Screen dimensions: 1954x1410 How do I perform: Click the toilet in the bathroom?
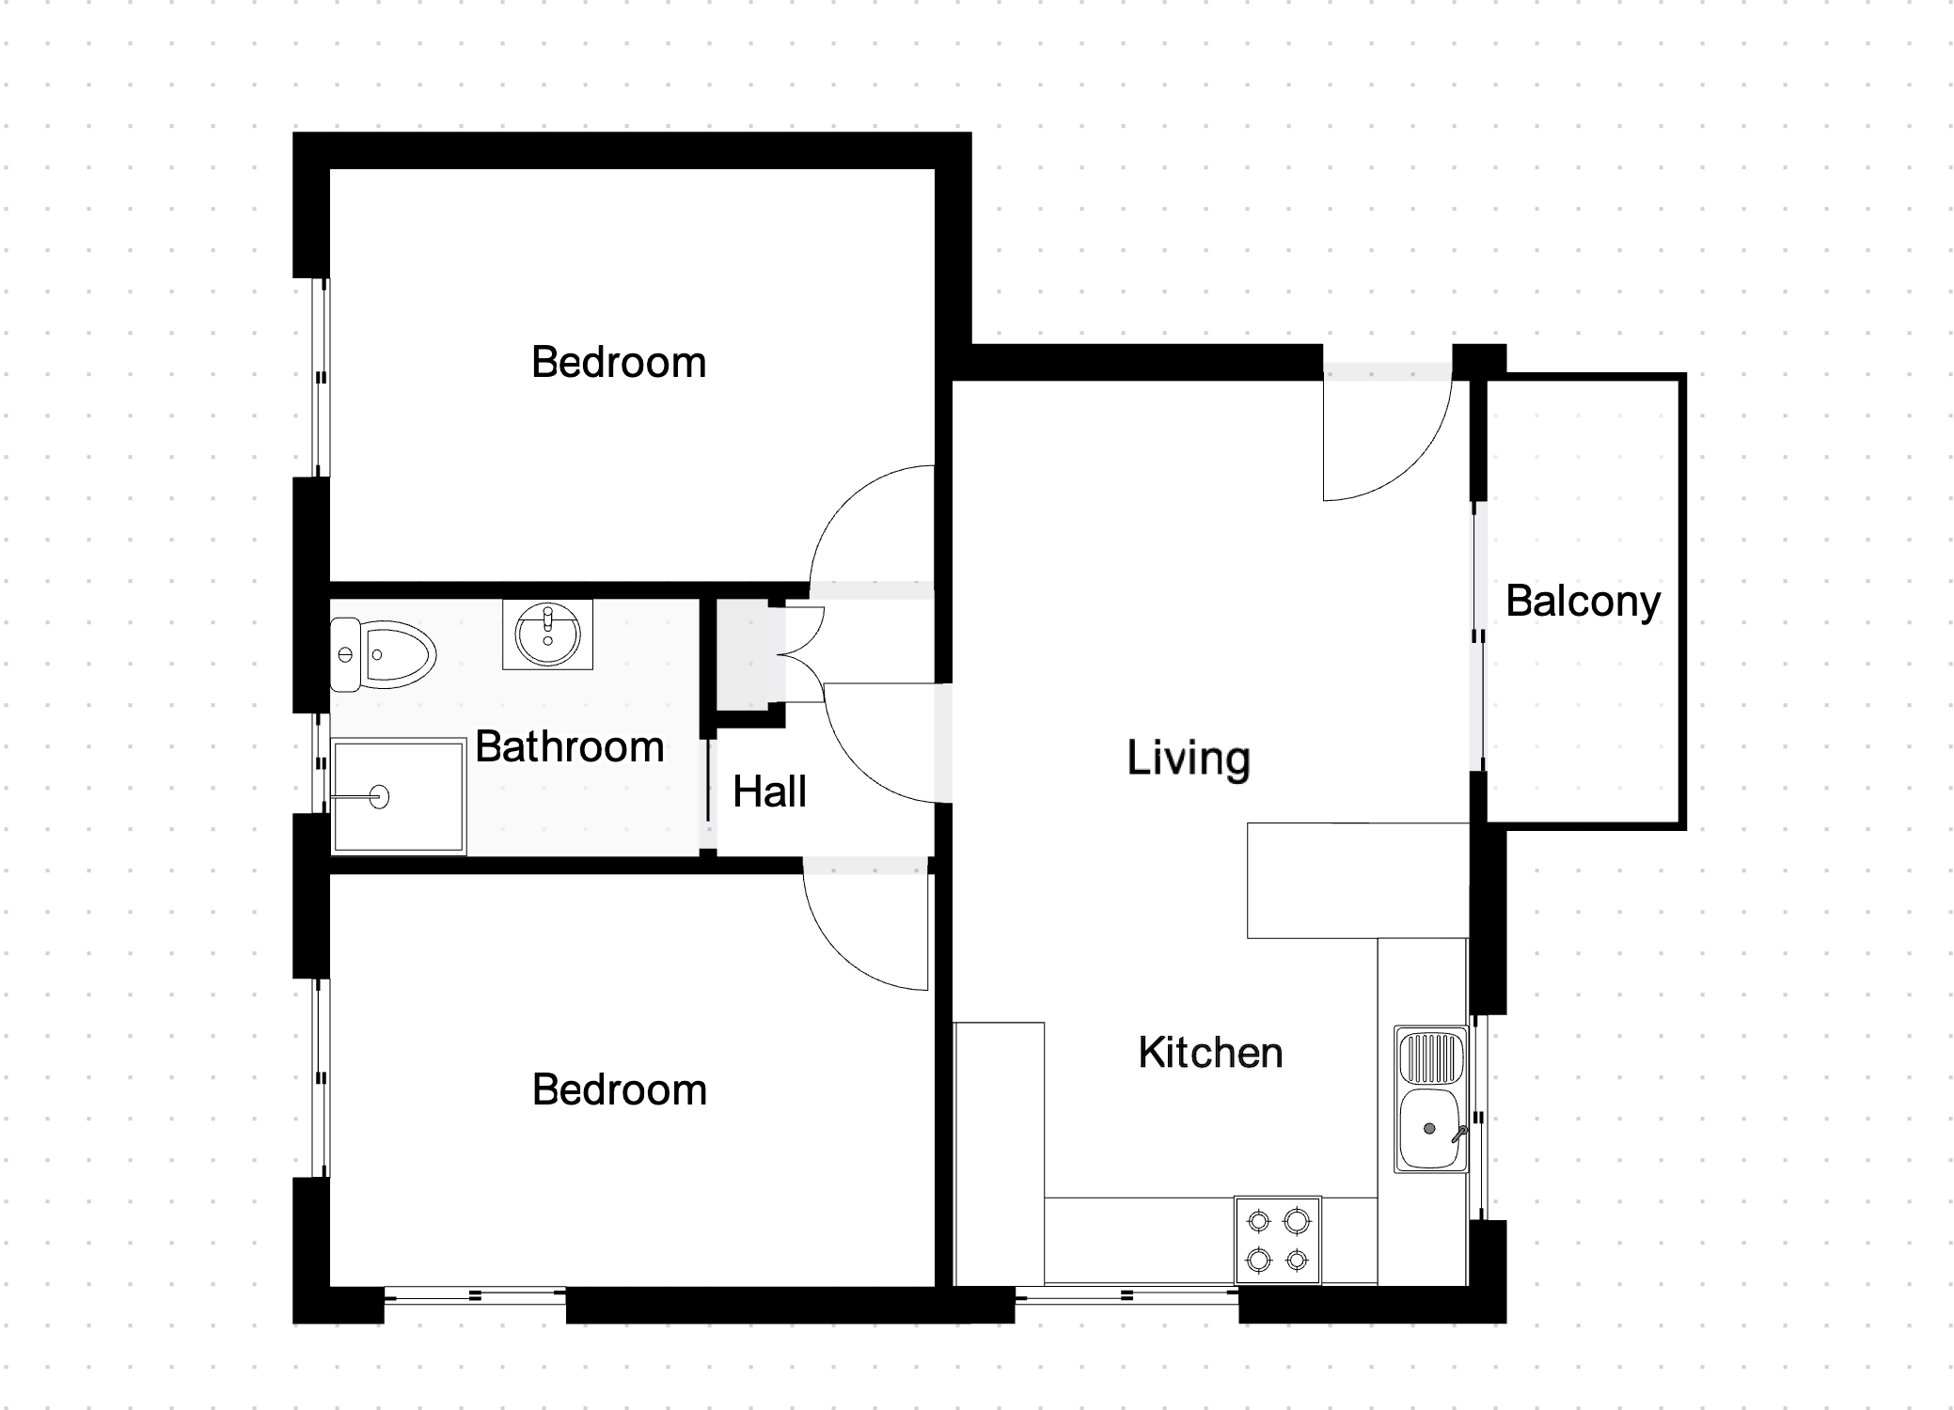point(384,654)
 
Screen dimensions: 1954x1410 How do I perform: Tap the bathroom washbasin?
point(547,634)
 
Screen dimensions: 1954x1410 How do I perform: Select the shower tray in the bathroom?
point(399,796)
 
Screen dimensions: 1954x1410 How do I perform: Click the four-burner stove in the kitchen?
point(1278,1240)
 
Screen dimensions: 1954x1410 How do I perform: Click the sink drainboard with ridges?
point(1430,1057)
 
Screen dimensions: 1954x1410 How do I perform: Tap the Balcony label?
point(1584,603)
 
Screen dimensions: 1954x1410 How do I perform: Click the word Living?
point(1189,759)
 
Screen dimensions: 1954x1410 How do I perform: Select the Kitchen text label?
point(1210,1053)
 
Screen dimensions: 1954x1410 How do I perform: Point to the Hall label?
point(769,791)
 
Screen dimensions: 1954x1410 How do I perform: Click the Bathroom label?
point(570,747)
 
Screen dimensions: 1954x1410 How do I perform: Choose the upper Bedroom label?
point(619,363)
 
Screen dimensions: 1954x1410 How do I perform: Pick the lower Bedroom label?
point(620,1090)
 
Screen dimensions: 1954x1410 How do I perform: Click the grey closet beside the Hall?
point(744,655)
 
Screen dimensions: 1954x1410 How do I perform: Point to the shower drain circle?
point(380,797)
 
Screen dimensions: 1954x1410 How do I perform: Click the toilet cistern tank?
point(344,654)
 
